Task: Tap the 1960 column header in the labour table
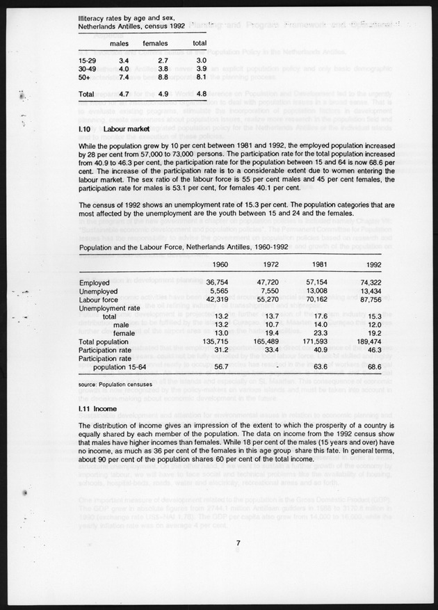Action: (x=220, y=264)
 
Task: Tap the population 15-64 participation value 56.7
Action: (x=222, y=367)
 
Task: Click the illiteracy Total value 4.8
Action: (x=201, y=93)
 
